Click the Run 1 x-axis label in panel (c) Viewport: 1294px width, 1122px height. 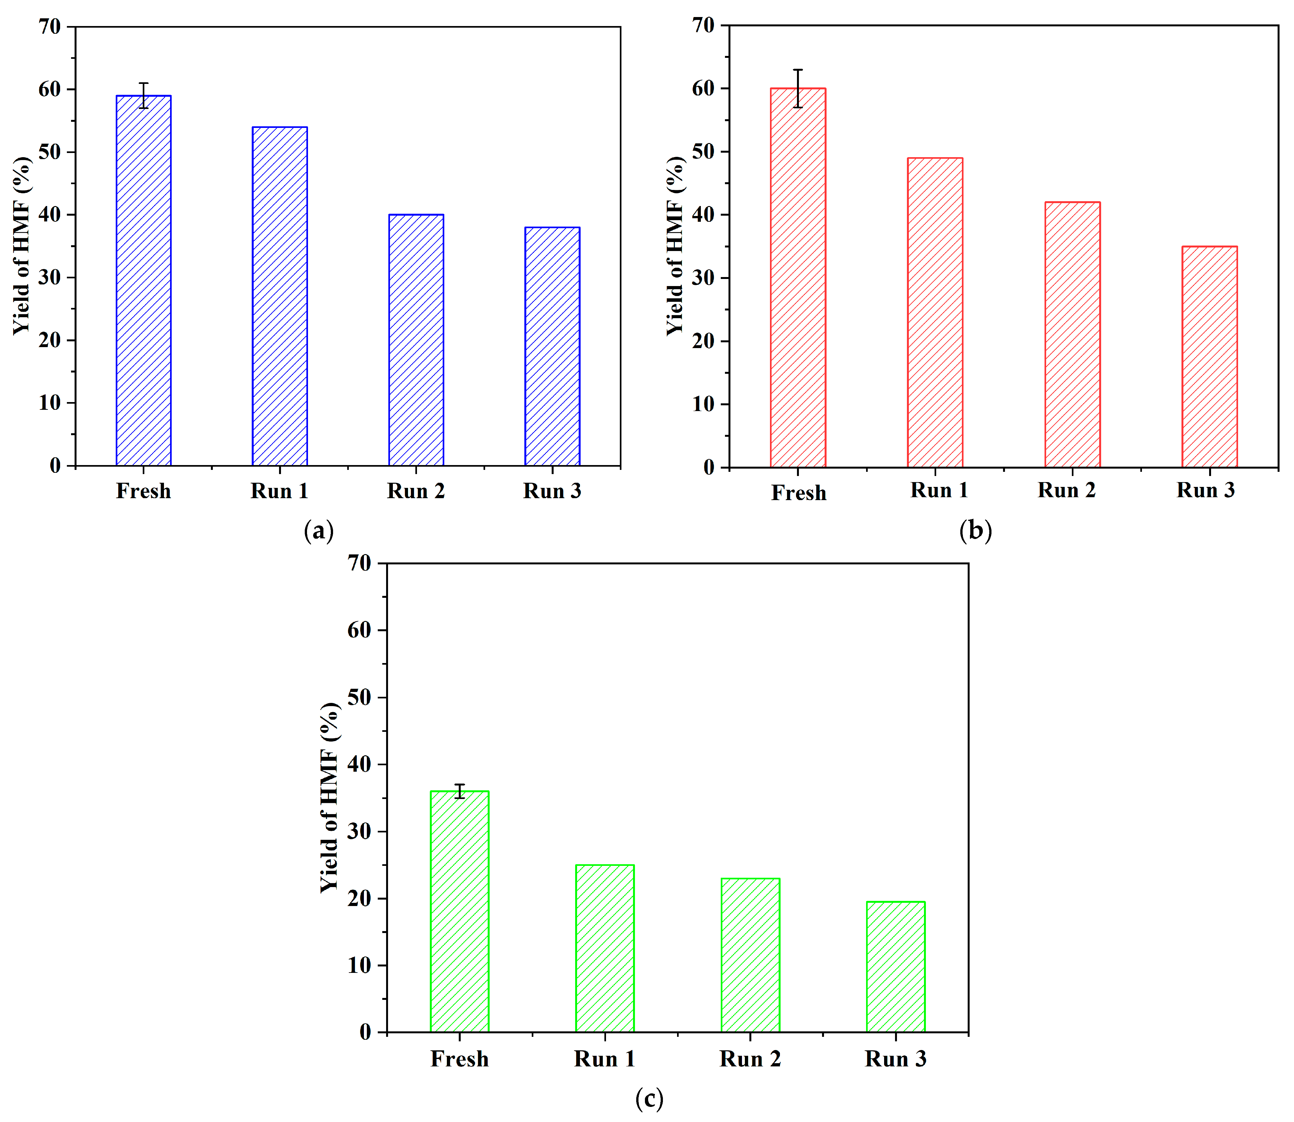point(604,1059)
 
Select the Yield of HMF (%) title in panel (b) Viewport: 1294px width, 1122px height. point(675,246)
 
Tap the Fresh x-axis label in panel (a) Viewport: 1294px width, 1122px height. point(143,491)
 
